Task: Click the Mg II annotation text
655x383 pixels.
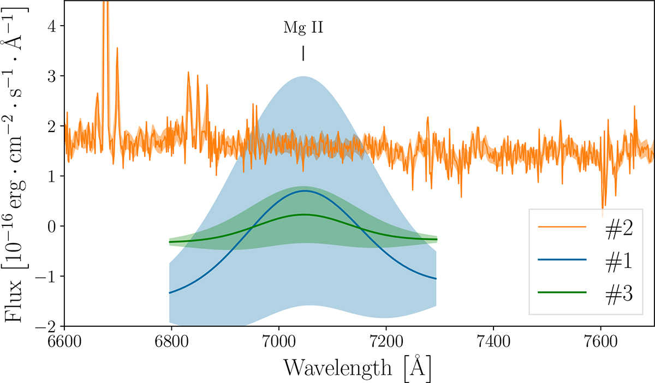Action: coord(303,28)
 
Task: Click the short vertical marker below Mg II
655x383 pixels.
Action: coord(303,53)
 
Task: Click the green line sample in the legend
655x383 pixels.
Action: coord(562,293)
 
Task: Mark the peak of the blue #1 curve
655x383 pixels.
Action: coord(304,191)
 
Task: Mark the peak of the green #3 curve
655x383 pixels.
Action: coord(304,214)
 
